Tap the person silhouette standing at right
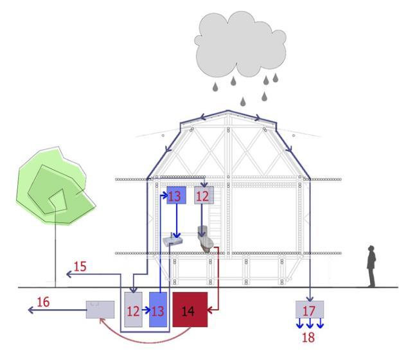[x=371, y=266]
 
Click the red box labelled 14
[x=190, y=309]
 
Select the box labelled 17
[x=309, y=310]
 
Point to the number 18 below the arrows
[x=308, y=337]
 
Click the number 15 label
[x=80, y=266]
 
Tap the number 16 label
[x=43, y=301]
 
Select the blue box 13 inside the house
[x=175, y=197]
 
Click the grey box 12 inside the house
[x=203, y=197]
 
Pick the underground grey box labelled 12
[x=133, y=310]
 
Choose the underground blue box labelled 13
[x=158, y=310]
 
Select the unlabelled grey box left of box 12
[x=100, y=310]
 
